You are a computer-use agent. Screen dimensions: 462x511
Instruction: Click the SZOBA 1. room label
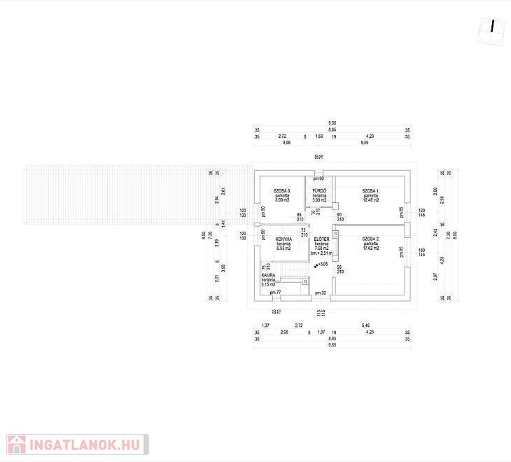click(x=371, y=190)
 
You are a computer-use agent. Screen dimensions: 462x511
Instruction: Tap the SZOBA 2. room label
click(x=371, y=239)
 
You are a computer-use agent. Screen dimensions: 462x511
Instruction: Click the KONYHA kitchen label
click(x=283, y=239)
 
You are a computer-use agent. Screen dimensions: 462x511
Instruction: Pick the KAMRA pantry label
click(x=268, y=275)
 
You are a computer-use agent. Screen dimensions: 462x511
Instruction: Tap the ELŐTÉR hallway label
click(x=321, y=239)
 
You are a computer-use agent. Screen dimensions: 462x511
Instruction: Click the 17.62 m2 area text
click(x=371, y=248)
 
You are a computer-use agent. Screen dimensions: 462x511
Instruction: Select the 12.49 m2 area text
click(x=371, y=200)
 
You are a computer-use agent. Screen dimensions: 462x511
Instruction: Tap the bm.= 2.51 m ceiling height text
click(x=321, y=253)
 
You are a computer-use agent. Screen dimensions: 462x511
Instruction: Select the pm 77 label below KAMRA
click(x=275, y=292)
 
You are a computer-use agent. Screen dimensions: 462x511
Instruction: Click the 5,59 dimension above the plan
click(x=365, y=143)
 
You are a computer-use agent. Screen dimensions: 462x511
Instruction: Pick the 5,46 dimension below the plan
click(x=365, y=325)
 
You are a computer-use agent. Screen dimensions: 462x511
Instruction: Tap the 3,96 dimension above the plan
click(x=286, y=143)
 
